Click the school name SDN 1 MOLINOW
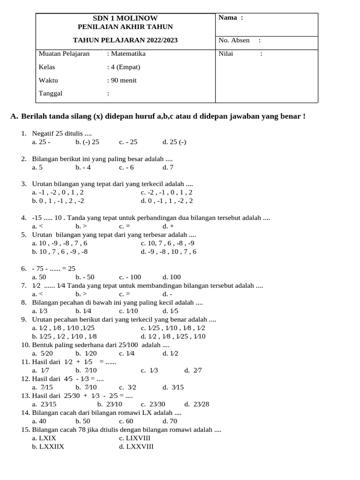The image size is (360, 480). pyautogui.click(x=125, y=18)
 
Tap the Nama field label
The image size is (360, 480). pyautogui.click(x=231, y=18)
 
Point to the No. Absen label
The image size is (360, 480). pyautogui.click(x=234, y=40)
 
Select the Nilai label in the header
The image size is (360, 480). pyautogui.click(x=226, y=54)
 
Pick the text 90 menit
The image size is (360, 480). pyautogui.click(x=123, y=80)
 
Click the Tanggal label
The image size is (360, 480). pyautogui.click(x=50, y=93)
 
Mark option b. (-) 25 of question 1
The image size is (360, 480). pyautogui.click(x=87, y=142)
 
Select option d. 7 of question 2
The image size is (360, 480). pyautogui.click(x=168, y=167)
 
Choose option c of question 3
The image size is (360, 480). pyautogui.click(x=166, y=192)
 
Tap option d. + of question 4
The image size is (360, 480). pyautogui.click(x=168, y=226)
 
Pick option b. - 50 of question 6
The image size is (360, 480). pyautogui.click(x=85, y=277)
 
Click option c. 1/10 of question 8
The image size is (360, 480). pyautogui.click(x=128, y=311)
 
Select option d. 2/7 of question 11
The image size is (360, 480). pyautogui.click(x=193, y=370)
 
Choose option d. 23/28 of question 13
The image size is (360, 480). pyautogui.click(x=197, y=404)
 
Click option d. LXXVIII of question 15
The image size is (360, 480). pyautogui.click(x=136, y=446)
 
